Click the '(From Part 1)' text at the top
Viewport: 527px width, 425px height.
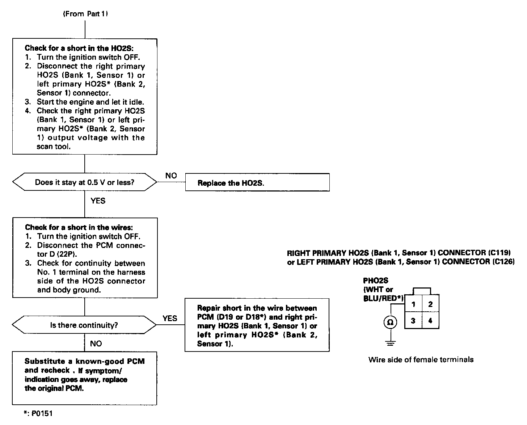click(x=85, y=14)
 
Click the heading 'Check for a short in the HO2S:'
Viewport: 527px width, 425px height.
click(x=79, y=48)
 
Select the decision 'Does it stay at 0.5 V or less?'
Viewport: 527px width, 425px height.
click(x=85, y=182)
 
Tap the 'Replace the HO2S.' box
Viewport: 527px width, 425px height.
click(x=257, y=182)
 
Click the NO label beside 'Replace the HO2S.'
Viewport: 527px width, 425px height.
click(x=171, y=176)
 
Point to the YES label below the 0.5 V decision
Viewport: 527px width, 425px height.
click(x=98, y=201)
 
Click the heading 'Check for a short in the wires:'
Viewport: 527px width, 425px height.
click(x=79, y=227)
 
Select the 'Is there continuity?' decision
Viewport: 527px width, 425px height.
click(x=84, y=325)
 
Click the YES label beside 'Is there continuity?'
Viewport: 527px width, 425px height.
click(x=170, y=318)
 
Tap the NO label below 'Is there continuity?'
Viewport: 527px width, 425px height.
click(x=96, y=344)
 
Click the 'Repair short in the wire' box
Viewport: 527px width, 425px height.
click(x=257, y=325)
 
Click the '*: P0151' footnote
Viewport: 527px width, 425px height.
click(x=38, y=413)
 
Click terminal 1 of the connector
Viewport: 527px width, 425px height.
click(x=413, y=304)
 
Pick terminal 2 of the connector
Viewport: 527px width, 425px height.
click(x=430, y=304)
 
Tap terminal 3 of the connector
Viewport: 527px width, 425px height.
click(x=413, y=321)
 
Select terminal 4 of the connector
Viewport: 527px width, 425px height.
click(x=430, y=321)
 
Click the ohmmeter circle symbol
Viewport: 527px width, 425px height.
click(x=390, y=322)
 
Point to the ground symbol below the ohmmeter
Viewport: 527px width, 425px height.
click(x=390, y=343)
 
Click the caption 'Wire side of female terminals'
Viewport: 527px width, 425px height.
click(x=421, y=359)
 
